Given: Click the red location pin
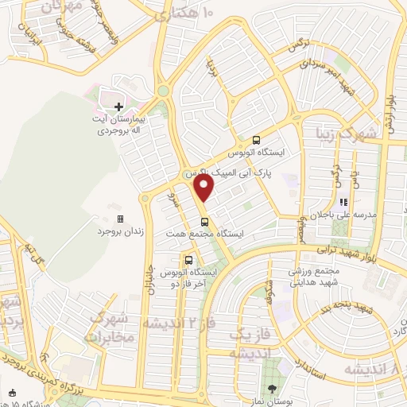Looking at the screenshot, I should click(204, 188).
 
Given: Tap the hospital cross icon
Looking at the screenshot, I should click(118, 106).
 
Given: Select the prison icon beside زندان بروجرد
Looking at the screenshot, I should click(120, 218).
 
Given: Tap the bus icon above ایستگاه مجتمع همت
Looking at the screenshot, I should click(205, 222).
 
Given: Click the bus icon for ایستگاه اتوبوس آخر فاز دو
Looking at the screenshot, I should click(188, 259).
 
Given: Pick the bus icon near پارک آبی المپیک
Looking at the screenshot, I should click(257, 138).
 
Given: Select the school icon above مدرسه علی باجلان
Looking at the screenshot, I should click(345, 202).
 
